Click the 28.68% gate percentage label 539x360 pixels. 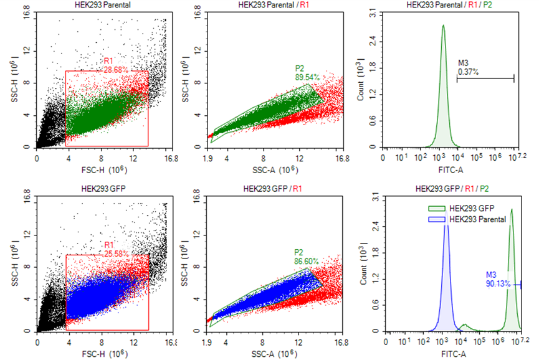pyautogui.click(x=116, y=70)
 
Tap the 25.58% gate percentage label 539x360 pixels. pyautogui.click(x=117, y=254)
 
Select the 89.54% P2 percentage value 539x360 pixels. pyautogui.click(x=307, y=77)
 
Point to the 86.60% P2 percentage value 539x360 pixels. pyautogui.click(x=307, y=262)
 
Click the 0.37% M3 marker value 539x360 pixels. pyautogui.click(x=468, y=72)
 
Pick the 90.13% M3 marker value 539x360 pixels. pyautogui.click(x=498, y=284)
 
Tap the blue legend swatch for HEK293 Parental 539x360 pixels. pyautogui.click(x=437, y=219)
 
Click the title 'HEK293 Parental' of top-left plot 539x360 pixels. pyautogui.click(x=102, y=5)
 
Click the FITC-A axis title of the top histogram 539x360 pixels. pyautogui.click(x=451, y=169)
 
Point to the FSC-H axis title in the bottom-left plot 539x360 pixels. pyautogui.click(x=105, y=354)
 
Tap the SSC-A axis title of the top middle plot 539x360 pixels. pyautogui.click(x=275, y=169)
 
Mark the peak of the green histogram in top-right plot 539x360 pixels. pyautogui.click(x=443, y=25)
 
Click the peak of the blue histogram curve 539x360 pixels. pyautogui.click(x=446, y=211)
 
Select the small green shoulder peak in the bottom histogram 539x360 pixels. pyautogui.click(x=465, y=324)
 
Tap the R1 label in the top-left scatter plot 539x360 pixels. pyautogui.click(x=108, y=61)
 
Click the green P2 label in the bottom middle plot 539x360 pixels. pyautogui.click(x=298, y=252)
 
